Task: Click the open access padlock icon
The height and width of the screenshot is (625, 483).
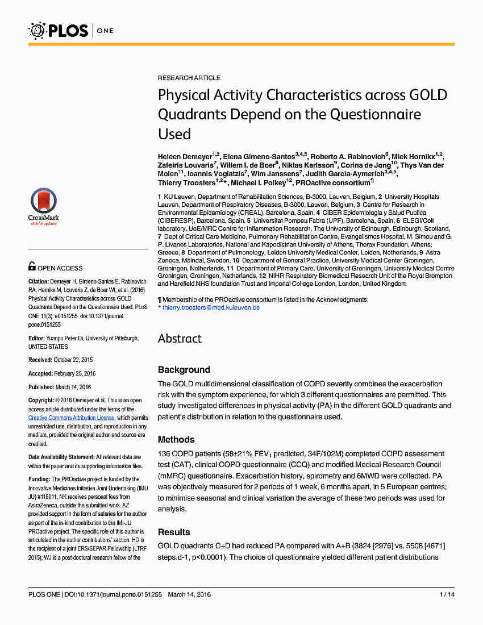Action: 32,266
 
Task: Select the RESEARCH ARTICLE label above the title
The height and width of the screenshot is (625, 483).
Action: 189,78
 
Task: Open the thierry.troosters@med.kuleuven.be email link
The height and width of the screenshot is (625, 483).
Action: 211,307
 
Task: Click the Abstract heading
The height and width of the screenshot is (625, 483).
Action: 180,339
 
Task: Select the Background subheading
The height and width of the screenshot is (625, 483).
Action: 184,370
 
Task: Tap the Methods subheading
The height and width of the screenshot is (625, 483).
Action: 176,440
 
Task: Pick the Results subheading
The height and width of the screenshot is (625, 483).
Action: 174,532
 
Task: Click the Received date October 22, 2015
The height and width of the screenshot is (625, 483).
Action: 73,360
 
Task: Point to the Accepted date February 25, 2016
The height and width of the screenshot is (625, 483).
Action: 74,373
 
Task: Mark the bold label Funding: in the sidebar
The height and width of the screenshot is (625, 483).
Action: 39,480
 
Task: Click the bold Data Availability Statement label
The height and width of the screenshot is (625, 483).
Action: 61,457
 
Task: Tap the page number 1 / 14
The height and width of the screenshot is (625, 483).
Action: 447,594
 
